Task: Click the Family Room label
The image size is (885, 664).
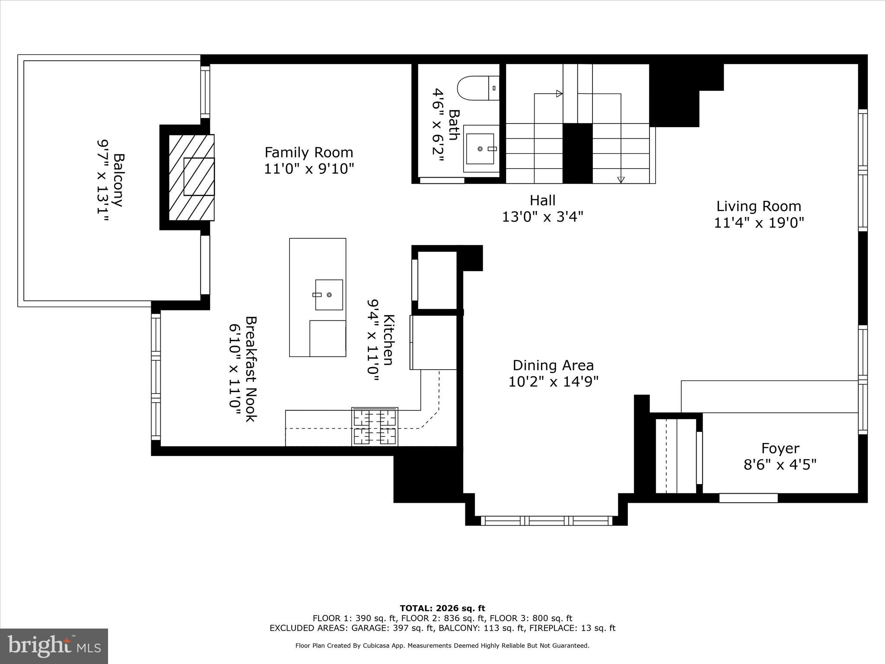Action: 309,153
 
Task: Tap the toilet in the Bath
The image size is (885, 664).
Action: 476,88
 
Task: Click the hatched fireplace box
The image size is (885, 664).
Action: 191,177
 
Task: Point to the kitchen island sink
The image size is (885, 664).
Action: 328,295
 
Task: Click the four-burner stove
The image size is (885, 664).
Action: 375,427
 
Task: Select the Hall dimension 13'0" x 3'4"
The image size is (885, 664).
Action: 542,217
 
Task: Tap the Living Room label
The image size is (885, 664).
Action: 758,206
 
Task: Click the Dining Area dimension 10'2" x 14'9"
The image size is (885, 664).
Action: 553,382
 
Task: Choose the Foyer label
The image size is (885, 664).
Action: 780,448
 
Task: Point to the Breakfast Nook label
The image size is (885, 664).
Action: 251,369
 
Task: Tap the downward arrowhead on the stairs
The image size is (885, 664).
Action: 621,180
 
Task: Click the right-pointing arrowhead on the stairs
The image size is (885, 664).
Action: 559,93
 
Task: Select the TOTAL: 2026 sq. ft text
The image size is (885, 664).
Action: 442,609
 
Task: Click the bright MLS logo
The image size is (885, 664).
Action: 54,646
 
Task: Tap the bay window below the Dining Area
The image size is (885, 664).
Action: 546,520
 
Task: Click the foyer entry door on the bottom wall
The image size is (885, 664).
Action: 748,498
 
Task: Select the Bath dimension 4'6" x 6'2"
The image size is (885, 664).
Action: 438,125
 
